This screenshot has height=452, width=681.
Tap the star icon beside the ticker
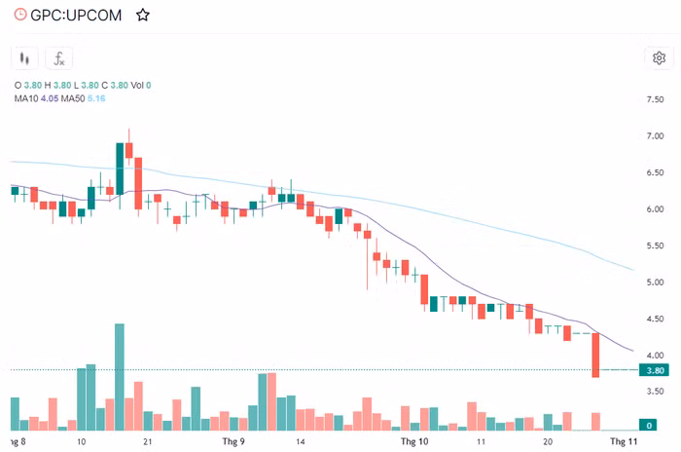[143, 15]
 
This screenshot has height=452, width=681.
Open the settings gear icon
[658, 57]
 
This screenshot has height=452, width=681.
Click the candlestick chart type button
[27, 57]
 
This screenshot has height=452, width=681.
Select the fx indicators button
[59, 57]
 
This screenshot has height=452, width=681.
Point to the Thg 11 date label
[622, 441]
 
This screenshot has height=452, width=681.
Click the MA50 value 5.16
[96, 98]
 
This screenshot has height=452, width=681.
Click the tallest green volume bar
[120, 377]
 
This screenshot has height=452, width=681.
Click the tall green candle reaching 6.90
[120, 169]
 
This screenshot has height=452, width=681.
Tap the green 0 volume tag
[649, 425]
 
